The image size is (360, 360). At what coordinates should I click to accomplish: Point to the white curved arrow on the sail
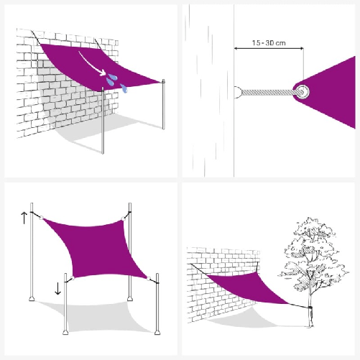point(93,63)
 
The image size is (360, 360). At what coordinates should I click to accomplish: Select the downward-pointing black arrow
point(57,290)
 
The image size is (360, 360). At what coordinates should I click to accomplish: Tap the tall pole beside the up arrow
point(31,259)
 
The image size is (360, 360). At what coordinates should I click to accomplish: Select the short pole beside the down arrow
point(65,305)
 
